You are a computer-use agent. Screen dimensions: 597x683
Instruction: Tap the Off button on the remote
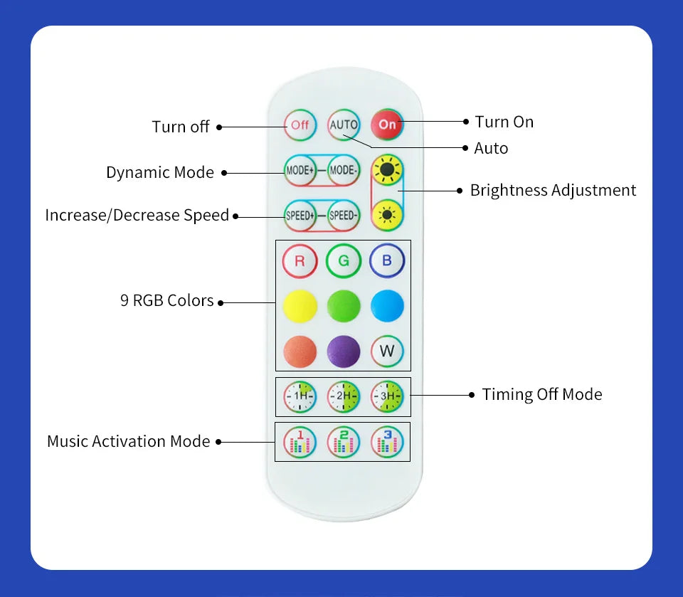pyautogui.click(x=300, y=125)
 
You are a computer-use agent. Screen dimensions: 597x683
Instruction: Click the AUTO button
pyautogui.click(x=344, y=125)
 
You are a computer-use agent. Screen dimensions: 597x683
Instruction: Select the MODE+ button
pyautogui.click(x=300, y=171)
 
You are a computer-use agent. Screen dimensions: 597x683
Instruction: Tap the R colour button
pyautogui.click(x=300, y=261)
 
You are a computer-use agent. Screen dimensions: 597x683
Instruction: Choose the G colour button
pyautogui.click(x=344, y=261)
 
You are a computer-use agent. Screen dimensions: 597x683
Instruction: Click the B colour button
pyautogui.click(x=387, y=261)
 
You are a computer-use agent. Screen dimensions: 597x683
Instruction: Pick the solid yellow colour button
pyautogui.click(x=300, y=306)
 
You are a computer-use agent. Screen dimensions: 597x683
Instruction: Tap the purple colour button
pyautogui.click(x=344, y=351)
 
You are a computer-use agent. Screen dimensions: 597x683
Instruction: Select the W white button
pyautogui.click(x=387, y=351)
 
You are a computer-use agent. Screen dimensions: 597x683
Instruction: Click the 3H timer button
pyautogui.click(x=387, y=396)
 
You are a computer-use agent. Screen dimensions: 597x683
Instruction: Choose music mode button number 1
pyautogui.click(x=300, y=442)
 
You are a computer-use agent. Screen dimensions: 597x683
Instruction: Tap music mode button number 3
pyautogui.click(x=387, y=442)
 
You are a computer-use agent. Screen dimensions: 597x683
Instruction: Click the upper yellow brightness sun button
pyautogui.click(x=388, y=170)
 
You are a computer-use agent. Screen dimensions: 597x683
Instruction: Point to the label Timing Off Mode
pyautogui.click(x=541, y=395)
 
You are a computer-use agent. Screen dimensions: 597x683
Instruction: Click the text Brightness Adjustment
pyautogui.click(x=553, y=191)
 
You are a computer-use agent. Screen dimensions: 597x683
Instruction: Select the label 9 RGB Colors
pyautogui.click(x=167, y=301)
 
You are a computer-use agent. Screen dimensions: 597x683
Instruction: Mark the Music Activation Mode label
pyautogui.click(x=129, y=442)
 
